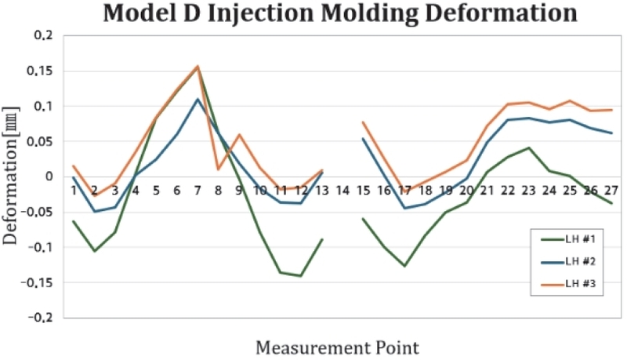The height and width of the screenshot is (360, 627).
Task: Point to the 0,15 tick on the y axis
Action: point(39,71)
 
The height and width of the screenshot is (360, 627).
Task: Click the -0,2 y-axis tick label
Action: point(38,318)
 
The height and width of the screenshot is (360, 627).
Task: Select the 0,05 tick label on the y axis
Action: point(39,142)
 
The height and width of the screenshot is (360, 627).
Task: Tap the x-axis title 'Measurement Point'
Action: point(336,346)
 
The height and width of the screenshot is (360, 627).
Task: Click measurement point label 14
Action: point(342,191)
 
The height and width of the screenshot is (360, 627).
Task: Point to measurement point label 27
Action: point(611,191)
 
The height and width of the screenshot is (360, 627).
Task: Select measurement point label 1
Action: point(74,191)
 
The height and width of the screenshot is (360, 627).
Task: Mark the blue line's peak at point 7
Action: point(198,100)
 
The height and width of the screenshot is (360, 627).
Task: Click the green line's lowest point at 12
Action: point(301,276)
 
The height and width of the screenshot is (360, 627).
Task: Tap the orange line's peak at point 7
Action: point(198,66)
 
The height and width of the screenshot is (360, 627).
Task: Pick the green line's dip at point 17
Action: point(404,266)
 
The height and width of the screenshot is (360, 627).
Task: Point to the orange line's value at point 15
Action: point(363,122)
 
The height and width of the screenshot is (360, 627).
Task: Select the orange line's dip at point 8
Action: point(219,169)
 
